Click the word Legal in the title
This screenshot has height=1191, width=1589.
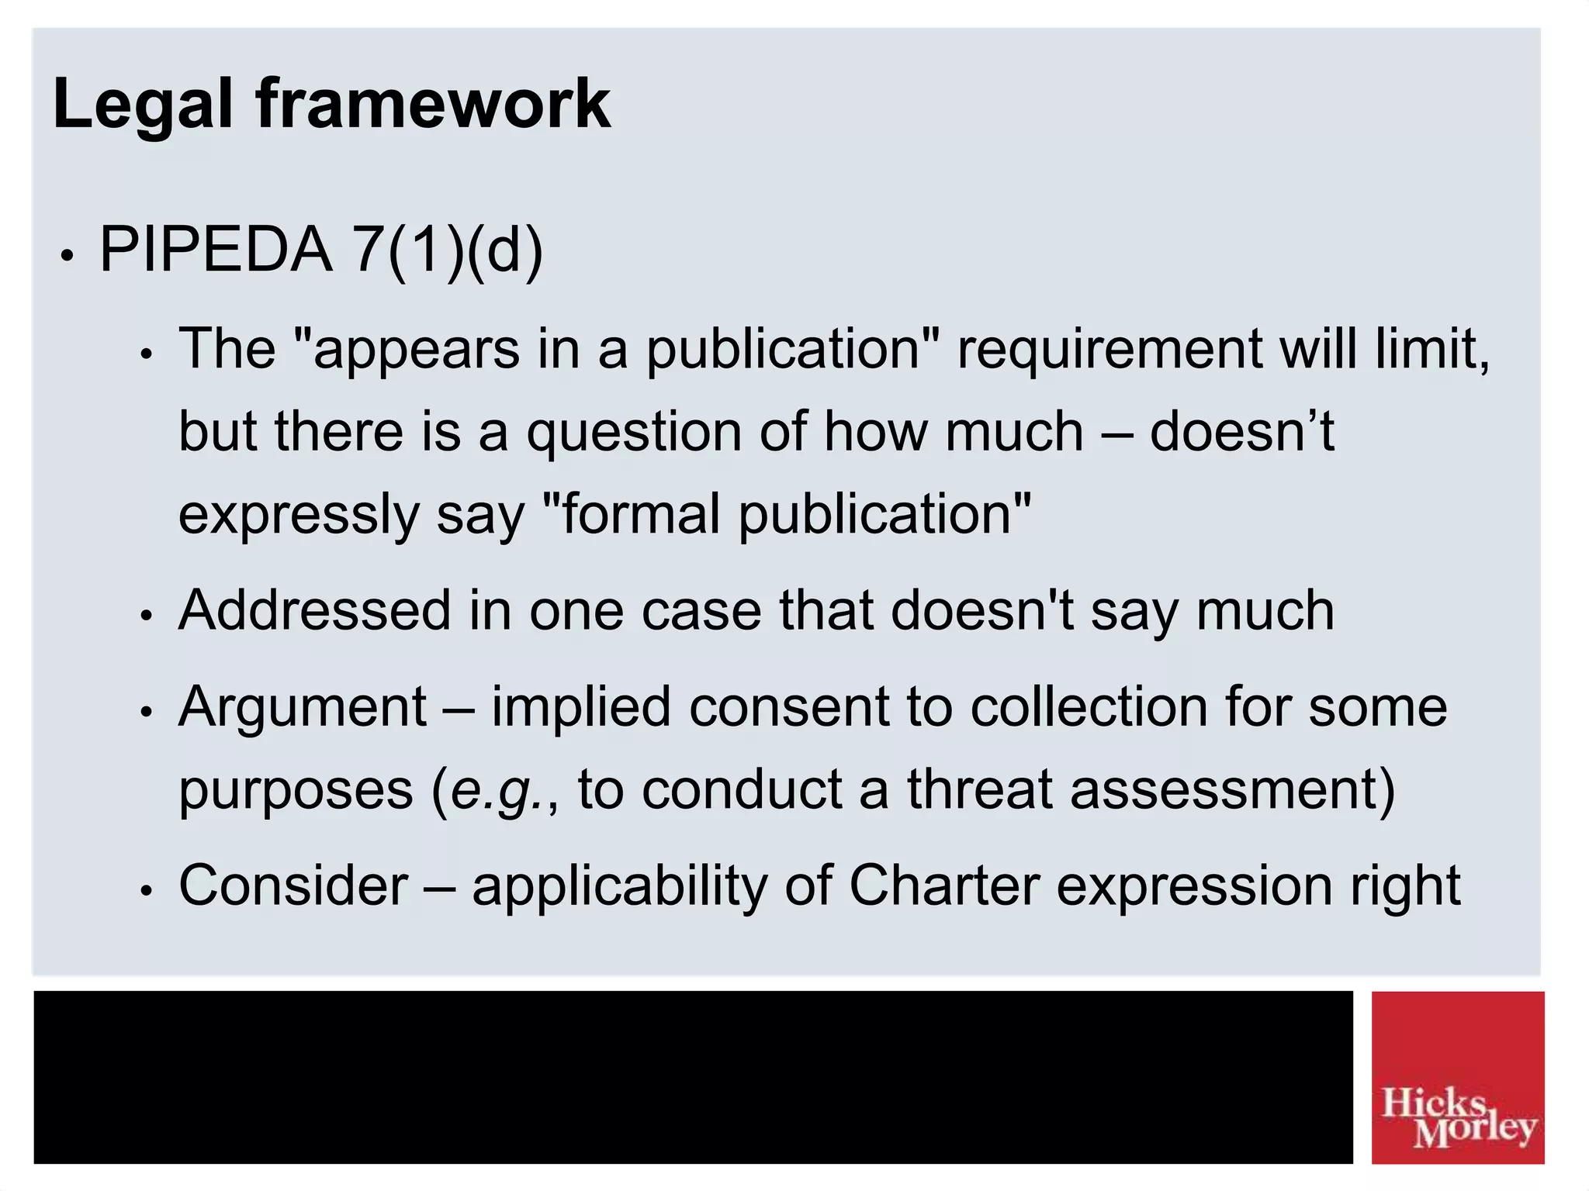point(143,105)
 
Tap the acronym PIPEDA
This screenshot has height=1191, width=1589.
point(216,250)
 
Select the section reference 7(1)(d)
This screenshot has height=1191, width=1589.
point(448,250)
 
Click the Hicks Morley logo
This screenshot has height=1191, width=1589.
point(1457,1077)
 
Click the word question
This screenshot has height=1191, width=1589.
point(634,432)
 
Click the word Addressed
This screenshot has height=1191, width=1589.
point(314,610)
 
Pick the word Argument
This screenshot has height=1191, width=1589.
point(303,708)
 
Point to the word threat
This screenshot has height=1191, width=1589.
point(979,789)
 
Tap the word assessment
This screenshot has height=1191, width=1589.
point(1232,789)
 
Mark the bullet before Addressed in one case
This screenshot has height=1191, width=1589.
point(145,616)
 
